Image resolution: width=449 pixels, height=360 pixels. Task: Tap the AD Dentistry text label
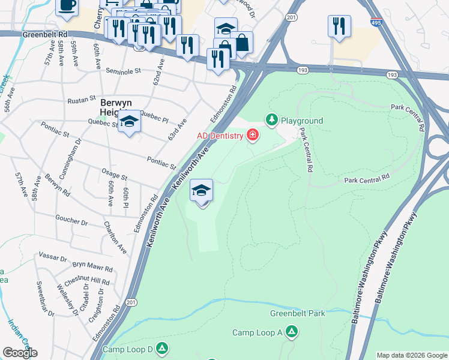(220, 136)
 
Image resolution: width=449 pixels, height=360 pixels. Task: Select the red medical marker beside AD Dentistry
(252, 135)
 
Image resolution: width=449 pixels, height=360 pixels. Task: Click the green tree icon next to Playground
(271, 121)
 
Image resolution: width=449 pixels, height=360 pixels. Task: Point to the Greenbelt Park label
(297, 313)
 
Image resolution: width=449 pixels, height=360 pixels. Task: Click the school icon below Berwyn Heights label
(129, 122)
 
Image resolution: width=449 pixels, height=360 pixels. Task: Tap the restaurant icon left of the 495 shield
(339, 26)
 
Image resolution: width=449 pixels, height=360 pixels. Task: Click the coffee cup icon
(67, 5)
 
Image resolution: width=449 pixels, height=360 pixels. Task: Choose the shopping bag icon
(241, 43)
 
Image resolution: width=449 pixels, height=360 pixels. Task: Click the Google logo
(20, 353)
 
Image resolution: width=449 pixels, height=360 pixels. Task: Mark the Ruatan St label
(82, 97)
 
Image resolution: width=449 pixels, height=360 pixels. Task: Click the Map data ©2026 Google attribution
(411, 355)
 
